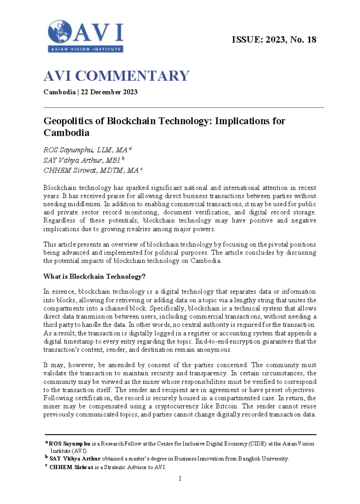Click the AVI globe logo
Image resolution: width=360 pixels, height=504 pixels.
tap(60, 32)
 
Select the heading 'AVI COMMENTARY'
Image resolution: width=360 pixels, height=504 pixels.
tap(116, 76)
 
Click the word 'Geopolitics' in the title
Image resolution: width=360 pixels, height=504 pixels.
tap(73, 121)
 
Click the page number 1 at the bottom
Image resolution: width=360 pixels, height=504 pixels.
tap(180, 478)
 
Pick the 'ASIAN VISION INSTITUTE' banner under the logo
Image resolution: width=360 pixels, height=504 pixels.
tap(85, 49)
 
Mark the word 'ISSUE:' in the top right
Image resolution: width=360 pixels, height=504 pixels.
tap(248, 40)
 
